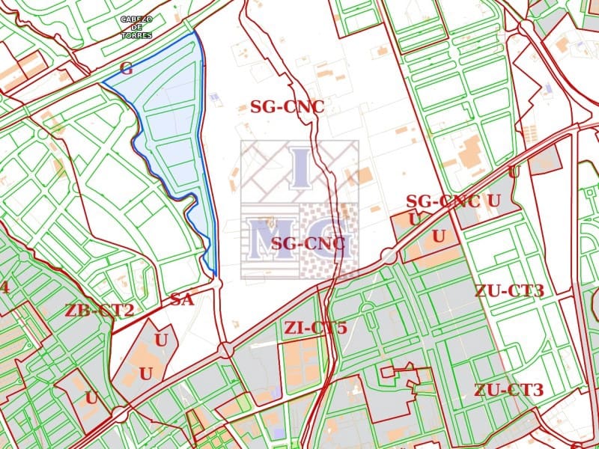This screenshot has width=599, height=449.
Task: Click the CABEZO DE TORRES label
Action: tap(137, 27)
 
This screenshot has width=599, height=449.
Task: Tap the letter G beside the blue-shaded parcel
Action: tap(126, 69)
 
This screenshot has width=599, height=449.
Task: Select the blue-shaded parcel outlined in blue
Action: tap(172, 127)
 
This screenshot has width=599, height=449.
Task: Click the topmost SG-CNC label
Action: tap(287, 107)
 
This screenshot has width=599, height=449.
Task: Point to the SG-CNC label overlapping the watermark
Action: tap(308, 243)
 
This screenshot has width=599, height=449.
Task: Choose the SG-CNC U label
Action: tap(453, 201)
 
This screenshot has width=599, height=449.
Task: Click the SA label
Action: tap(182, 300)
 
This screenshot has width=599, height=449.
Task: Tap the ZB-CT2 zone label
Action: tap(100, 311)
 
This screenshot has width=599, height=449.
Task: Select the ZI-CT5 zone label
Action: tap(315, 327)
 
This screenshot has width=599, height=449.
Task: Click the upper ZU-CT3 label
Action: tap(508, 290)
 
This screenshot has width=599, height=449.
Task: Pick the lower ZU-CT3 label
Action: tap(508, 390)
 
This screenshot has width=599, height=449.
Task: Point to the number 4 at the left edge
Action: tap(4, 288)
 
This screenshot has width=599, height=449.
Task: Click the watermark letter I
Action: tap(299, 168)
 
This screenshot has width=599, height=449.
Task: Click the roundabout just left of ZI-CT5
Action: tap(225, 349)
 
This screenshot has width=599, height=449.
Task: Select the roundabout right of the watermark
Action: tap(388, 256)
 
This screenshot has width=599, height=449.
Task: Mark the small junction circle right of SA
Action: tap(216, 284)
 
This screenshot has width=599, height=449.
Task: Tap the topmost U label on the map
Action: tap(513, 171)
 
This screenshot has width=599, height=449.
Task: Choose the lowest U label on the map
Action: tap(91, 398)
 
